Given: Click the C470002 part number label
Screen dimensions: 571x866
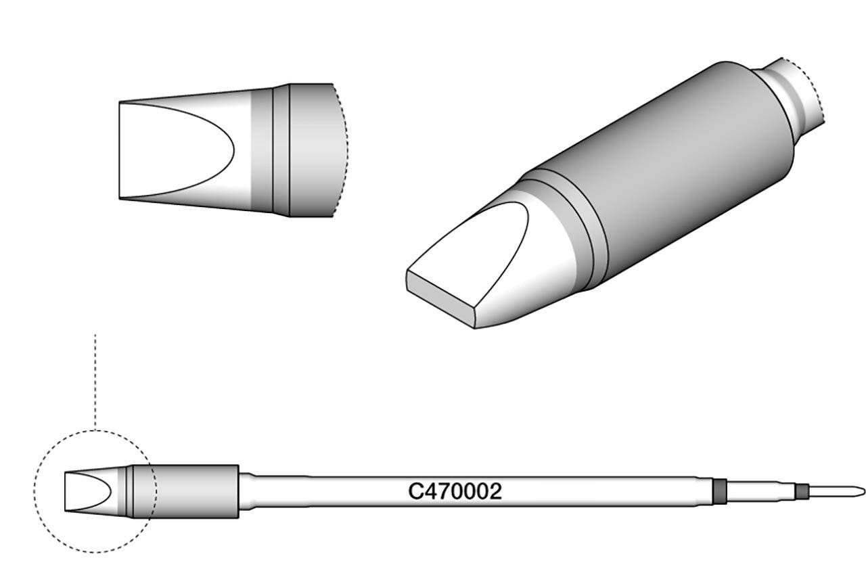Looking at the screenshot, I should click(x=455, y=492).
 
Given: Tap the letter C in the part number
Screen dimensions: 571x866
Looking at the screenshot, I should click(x=415, y=492).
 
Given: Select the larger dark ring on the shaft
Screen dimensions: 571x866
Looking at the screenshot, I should click(x=720, y=491).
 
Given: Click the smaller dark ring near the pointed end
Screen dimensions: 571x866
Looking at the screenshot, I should click(x=802, y=491).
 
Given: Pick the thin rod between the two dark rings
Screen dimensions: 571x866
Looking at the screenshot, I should click(x=761, y=491).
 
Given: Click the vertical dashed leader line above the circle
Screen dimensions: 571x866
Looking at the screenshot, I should click(x=95, y=379).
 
